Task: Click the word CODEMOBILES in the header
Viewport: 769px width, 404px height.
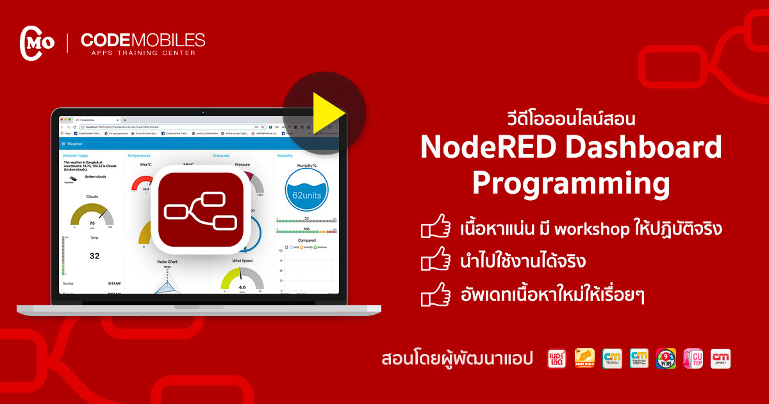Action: click(143, 40)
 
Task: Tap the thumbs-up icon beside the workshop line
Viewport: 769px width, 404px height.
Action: click(436, 228)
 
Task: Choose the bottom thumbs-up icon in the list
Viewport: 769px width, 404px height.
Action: click(436, 296)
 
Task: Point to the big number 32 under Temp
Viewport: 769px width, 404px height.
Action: click(94, 256)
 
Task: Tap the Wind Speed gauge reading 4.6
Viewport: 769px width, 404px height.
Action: click(242, 280)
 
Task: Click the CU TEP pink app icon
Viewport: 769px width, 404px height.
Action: click(693, 358)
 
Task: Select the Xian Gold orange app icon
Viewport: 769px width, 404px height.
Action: click(584, 358)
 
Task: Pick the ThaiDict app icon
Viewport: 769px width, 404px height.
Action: click(612, 358)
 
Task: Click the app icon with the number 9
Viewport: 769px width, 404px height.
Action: click(666, 358)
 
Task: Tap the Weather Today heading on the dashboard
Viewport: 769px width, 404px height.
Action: click(76, 156)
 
